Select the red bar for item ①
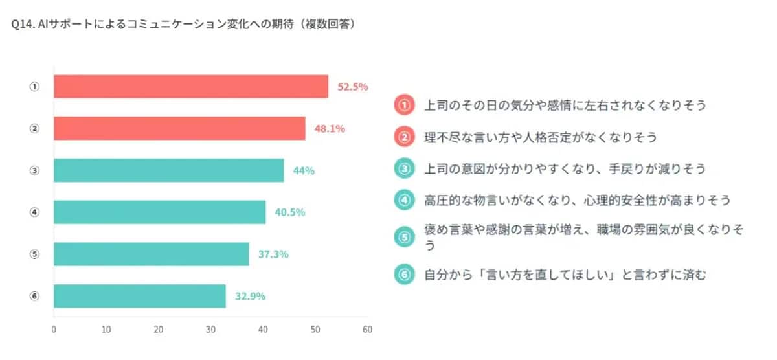[x=190, y=87]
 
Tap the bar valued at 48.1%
[x=179, y=128]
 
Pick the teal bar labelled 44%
[x=168, y=170]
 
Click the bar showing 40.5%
[x=159, y=212]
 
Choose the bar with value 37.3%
[x=151, y=254]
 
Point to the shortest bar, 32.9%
[x=139, y=296]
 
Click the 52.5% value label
[x=353, y=87]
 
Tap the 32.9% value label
[x=250, y=297]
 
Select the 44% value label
[x=303, y=171]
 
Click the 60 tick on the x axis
[x=367, y=329]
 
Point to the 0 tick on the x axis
[x=54, y=329]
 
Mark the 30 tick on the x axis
[x=210, y=329]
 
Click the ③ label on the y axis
[x=35, y=170]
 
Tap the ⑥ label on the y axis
[x=35, y=296]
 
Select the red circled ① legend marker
[x=404, y=104]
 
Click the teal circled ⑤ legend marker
[x=404, y=237]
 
